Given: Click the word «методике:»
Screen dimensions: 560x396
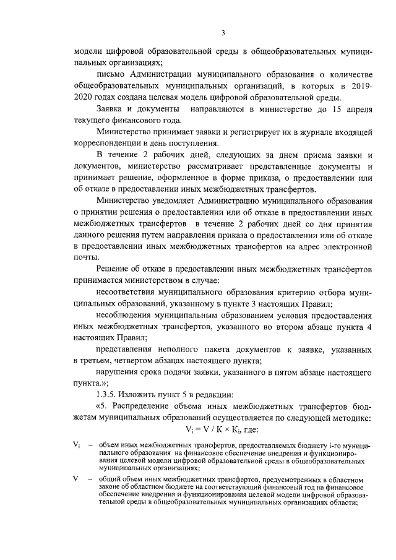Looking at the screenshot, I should (351, 420).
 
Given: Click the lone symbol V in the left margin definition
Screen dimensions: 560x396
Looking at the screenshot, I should (75, 480).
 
